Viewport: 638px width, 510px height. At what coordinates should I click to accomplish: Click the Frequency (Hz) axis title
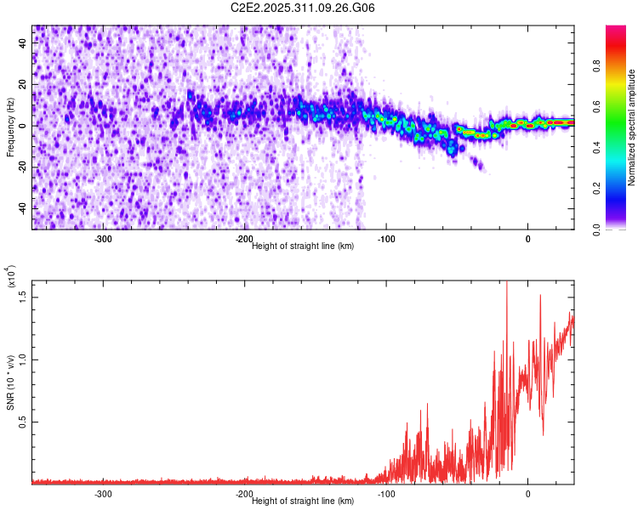point(10,128)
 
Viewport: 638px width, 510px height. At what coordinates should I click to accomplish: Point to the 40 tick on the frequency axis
point(25,43)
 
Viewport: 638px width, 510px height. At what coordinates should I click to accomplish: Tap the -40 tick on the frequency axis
point(25,208)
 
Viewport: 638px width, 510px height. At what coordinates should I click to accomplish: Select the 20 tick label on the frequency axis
point(25,85)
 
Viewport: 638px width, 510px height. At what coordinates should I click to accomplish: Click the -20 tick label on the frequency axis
point(25,167)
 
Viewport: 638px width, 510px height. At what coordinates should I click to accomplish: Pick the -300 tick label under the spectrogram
point(103,239)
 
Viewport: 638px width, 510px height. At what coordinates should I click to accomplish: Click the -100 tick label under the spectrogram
point(386,239)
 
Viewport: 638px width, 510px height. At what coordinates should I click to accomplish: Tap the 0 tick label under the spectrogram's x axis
point(528,239)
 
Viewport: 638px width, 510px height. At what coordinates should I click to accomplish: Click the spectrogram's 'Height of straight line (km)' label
point(303,246)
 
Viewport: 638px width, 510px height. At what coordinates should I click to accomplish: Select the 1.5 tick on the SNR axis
point(25,295)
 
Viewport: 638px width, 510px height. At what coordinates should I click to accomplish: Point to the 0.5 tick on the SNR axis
point(25,422)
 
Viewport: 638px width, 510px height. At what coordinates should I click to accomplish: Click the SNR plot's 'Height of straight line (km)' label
point(303,501)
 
